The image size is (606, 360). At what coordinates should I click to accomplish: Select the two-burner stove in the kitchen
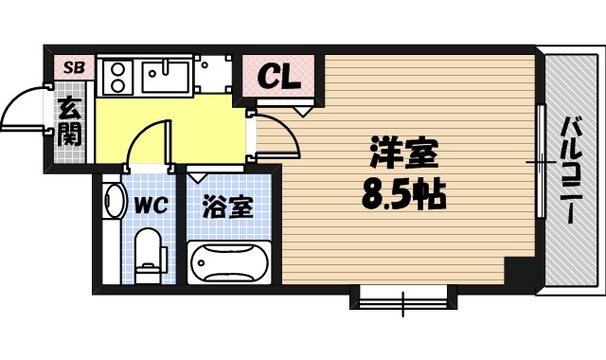(117, 75)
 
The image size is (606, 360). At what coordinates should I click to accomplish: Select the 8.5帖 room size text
(402, 196)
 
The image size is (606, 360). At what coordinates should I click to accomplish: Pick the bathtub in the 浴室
(229, 261)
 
